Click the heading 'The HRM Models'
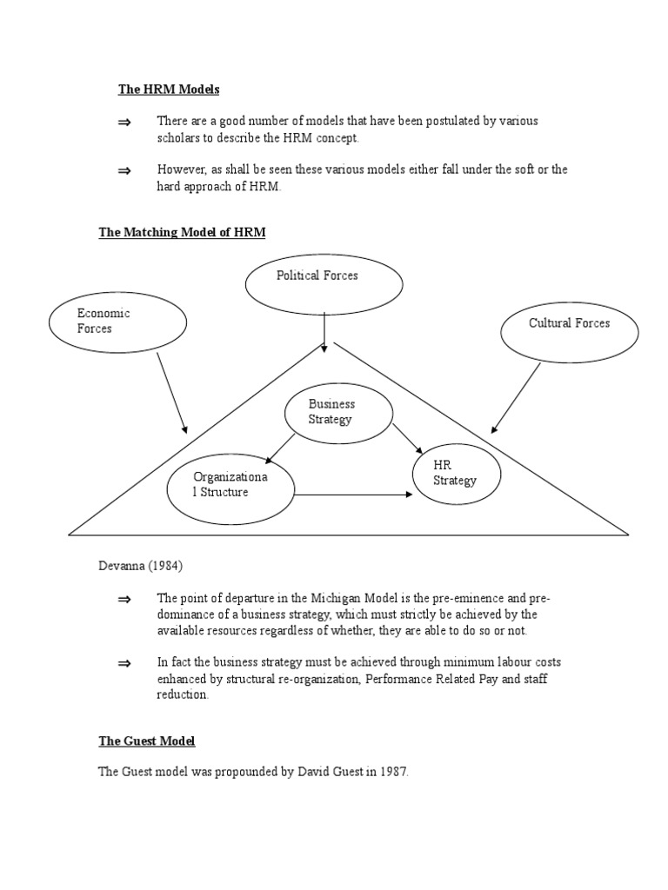169,90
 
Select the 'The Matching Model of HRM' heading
182,232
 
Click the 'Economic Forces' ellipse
118,322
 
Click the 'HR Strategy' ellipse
458,474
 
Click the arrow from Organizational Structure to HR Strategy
352,495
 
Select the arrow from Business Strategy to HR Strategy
407,439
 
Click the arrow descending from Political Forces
324,332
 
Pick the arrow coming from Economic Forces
171,393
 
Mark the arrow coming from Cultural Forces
515,397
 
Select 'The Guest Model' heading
146,741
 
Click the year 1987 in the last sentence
391,771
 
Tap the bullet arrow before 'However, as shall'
124,171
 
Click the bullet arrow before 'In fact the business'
124,663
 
